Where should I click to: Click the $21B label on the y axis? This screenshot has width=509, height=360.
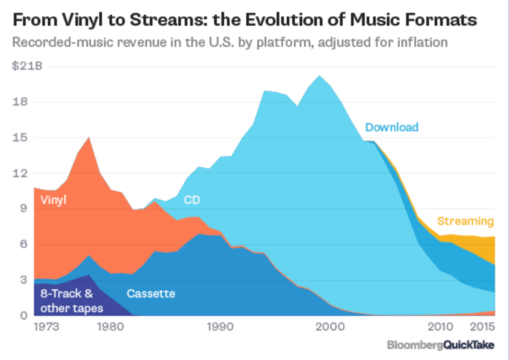27,67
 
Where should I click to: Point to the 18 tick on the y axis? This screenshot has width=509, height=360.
21,102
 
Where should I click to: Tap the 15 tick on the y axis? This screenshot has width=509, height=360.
21,138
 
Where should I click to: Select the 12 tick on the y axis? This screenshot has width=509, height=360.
21,173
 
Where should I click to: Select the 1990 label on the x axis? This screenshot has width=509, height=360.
220,328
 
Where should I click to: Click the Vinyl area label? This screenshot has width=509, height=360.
53,200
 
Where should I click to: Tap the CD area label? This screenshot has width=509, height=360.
192,200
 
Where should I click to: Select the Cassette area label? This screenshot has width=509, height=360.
151,293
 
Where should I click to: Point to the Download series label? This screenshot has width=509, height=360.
392,127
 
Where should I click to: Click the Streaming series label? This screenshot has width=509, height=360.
465,221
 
